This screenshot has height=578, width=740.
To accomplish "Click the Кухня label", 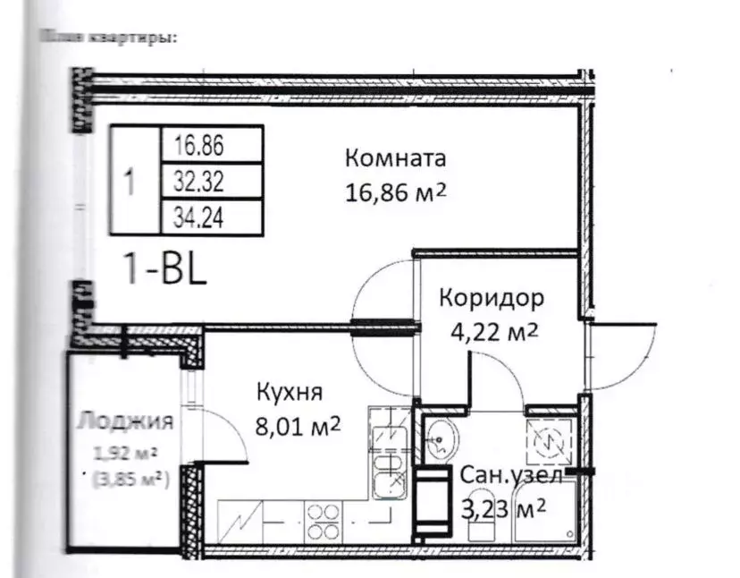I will [x=290, y=392].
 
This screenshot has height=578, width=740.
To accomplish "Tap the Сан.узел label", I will [x=511, y=476].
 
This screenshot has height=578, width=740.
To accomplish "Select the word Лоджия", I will [x=124, y=420].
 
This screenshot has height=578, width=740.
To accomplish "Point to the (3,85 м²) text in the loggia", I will [x=132, y=479].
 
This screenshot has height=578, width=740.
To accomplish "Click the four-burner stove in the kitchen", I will [x=324, y=518].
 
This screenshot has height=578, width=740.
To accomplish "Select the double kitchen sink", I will [x=391, y=461].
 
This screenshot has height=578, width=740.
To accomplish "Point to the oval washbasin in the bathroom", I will [x=441, y=439].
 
